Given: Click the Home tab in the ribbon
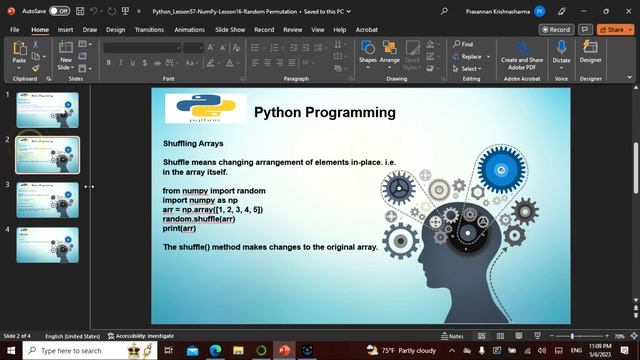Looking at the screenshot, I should click(x=40, y=30).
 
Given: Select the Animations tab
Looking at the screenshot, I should click(x=189, y=30).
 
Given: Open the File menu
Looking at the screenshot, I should click(x=14, y=30).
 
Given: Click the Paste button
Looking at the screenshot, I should click(x=19, y=56).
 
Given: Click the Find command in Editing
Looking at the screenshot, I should click(x=463, y=45).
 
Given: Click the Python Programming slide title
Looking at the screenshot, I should click(x=325, y=112).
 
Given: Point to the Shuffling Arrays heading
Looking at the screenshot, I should click(x=200, y=144).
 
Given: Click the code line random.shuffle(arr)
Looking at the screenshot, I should click(x=199, y=219).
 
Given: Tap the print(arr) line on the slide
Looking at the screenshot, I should click(x=179, y=229).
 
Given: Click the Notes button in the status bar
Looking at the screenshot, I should click(x=452, y=336).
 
